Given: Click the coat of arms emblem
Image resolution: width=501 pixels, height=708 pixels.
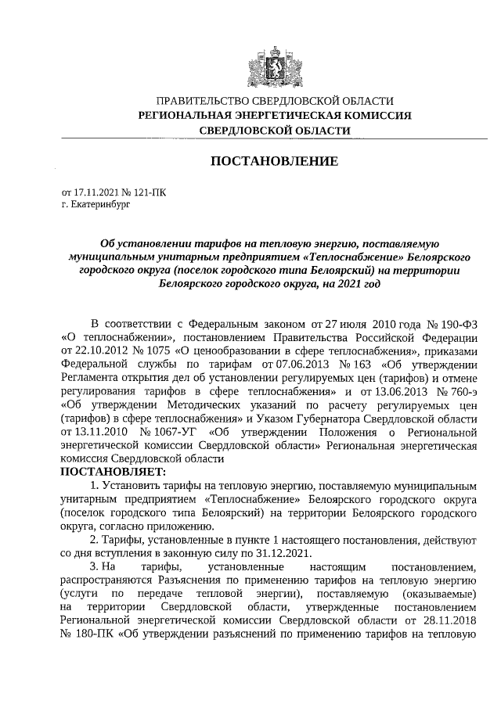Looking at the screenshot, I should click(x=273, y=62).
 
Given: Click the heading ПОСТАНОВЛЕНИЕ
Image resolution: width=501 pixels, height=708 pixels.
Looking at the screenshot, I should click(x=273, y=161).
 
